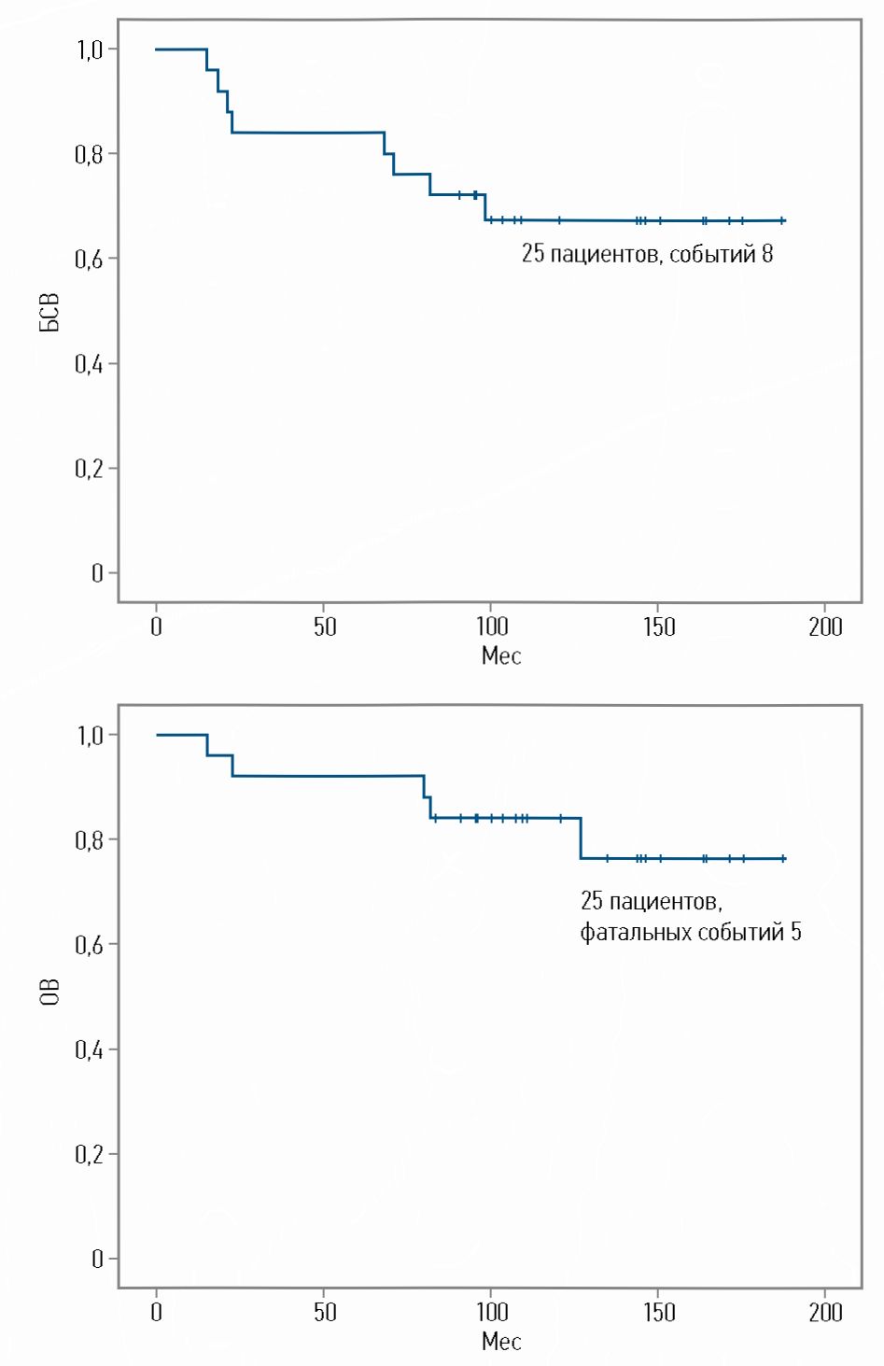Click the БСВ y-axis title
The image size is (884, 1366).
(x=49, y=312)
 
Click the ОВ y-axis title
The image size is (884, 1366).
(x=49, y=992)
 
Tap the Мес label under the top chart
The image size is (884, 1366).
(x=500, y=655)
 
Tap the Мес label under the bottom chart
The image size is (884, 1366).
(x=500, y=1342)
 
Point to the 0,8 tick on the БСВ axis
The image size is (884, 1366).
(x=90, y=153)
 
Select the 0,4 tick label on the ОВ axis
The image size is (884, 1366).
(x=90, y=1049)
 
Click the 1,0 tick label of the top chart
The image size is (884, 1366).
(x=90, y=49)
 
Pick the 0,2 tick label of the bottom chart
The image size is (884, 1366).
(x=90, y=1154)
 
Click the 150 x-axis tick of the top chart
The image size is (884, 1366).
(x=659, y=627)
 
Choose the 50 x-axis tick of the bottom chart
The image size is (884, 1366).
(x=324, y=1312)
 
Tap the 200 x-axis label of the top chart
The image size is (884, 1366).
(x=825, y=627)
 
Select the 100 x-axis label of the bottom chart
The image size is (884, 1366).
(x=491, y=1312)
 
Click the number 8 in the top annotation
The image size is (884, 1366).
(x=766, y=254)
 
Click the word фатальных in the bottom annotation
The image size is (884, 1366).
(x=632, y=932)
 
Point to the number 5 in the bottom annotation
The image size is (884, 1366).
(x=795, y=932)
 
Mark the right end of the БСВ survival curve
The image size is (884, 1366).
(x=784, y=220)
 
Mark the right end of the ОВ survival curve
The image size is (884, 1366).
(x=784, y=858)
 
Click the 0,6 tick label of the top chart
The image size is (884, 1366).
(x=90, y=259)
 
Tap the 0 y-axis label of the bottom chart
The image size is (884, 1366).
(x=97, y=1259)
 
